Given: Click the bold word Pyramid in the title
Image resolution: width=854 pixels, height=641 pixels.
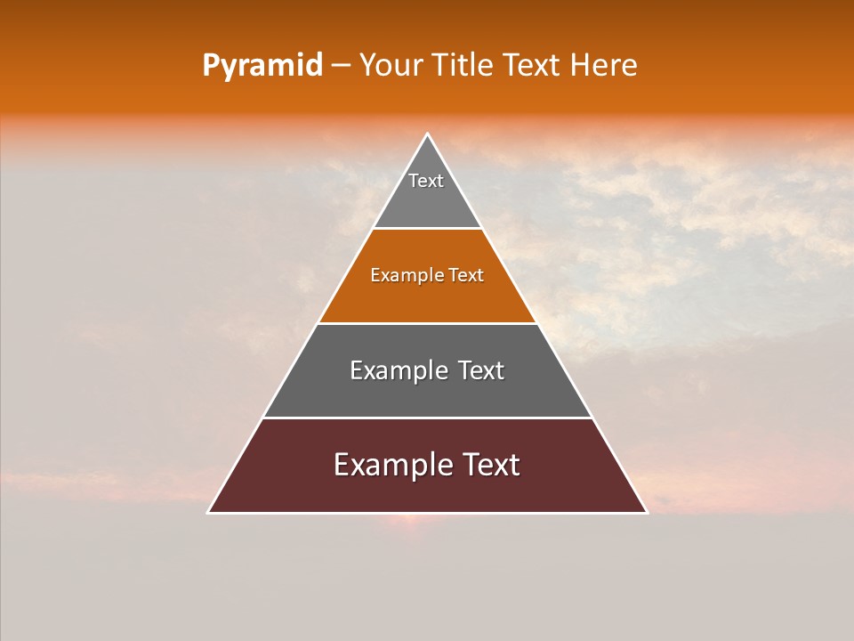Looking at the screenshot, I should click(x=262, y=66).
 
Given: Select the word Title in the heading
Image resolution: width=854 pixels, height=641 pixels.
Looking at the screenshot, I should click(x=464, y=66).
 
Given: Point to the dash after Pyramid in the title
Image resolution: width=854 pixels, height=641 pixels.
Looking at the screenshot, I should click(x=341, y=66).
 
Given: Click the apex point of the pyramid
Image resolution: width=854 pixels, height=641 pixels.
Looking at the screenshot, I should click(x=428, y=134).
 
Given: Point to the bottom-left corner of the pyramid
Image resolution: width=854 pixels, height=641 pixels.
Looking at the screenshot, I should click(x=209, y=512).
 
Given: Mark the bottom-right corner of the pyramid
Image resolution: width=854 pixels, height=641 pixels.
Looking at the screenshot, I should click(x=646, y=512).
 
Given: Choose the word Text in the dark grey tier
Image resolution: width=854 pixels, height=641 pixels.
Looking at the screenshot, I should click(x=480, y=370).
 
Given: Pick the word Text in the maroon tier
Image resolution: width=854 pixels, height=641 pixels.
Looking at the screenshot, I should click(x=490, y=465).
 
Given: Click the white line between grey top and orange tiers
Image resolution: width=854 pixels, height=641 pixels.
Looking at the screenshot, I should click(x=427, y=229).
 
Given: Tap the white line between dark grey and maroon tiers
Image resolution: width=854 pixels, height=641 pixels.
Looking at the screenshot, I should click(x=427, y=418).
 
